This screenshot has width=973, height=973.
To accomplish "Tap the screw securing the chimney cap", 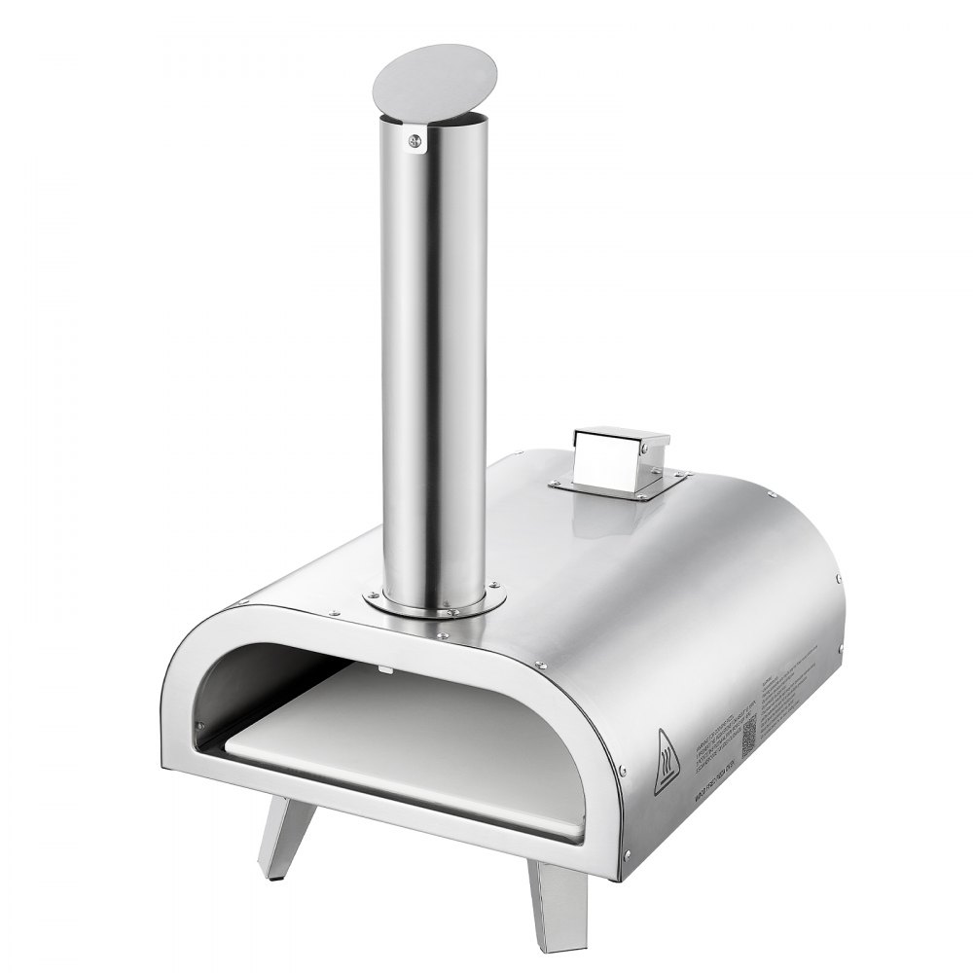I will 417,142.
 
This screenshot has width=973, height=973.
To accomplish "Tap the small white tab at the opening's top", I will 384,669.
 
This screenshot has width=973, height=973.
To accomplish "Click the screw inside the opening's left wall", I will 199,723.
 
